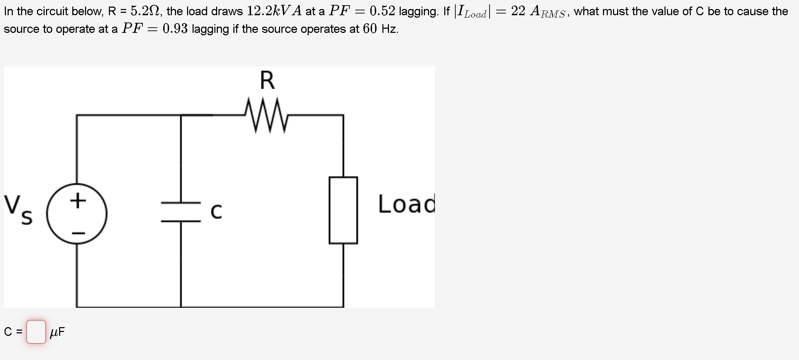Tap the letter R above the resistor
(x=267, y=80)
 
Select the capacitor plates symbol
(x=181, y=212)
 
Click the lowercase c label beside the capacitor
(x=216, y=211)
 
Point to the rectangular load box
(x=343, y=210)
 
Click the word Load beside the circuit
(x=406, y=204)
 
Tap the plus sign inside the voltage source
(x=78, y=201)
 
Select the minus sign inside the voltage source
(x=78, y=233)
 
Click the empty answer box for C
(x=36, y=332)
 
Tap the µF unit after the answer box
(x=57, y=332)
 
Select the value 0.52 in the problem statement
(x=382, y=11)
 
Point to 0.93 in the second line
(x=175, y=29)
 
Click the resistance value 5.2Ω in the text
(x=145, y=11)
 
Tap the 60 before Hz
(x=370, y=29)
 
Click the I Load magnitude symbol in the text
(x=472, y=12)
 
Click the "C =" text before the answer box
(x=13, y=332)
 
